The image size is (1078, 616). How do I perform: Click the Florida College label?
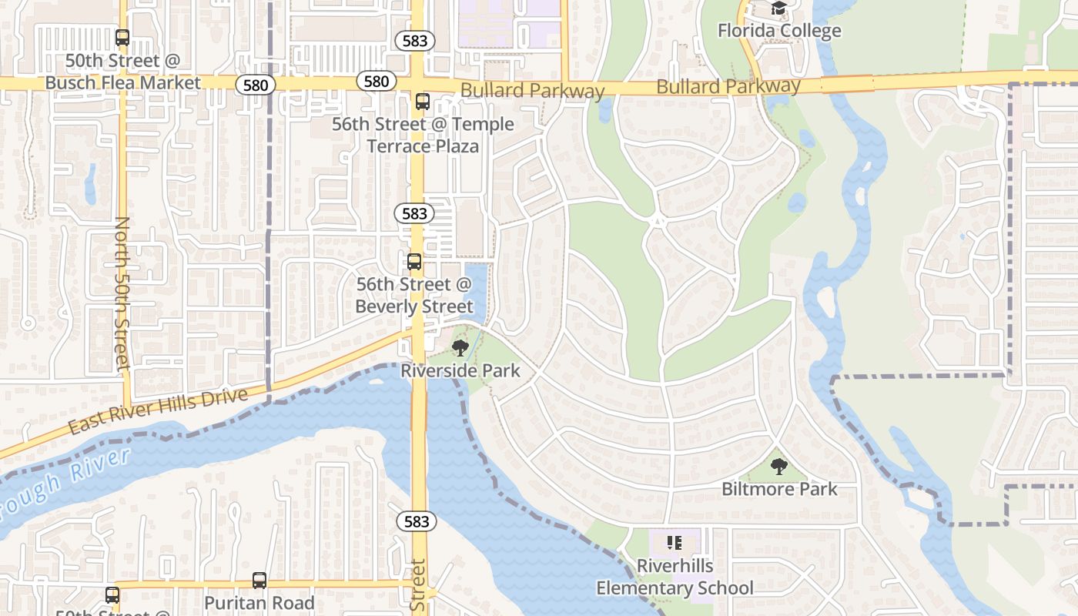[779, 31]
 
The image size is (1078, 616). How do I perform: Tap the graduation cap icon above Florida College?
[779, 8]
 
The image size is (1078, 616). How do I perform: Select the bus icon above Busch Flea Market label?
[122, 37]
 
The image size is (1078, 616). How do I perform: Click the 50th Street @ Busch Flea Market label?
[123, 72]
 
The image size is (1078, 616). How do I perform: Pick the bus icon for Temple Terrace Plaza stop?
[422, 101]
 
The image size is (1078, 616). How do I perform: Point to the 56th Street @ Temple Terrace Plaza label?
[423, 135]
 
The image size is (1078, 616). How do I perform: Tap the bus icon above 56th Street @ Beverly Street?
[414, 262]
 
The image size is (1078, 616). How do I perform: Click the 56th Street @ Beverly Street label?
[414, 296]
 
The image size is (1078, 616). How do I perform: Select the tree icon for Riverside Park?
[460, 348]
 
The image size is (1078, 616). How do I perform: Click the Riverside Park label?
[460, 370]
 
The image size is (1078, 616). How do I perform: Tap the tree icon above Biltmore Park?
[779, 466]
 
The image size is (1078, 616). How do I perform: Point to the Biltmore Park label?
[779, 489]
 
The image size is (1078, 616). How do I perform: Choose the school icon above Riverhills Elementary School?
[675, 543]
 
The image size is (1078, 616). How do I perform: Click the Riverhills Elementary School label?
[675, 577]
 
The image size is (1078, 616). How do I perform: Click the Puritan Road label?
[259, 603]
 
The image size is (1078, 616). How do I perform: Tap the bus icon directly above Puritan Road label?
[259, 581]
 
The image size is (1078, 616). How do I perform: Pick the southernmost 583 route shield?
[417, 521]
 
